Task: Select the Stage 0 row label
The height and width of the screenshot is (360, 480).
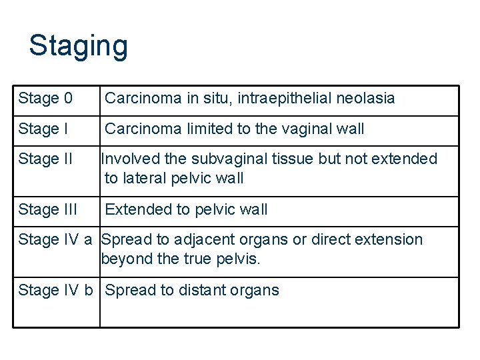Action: (45, 99)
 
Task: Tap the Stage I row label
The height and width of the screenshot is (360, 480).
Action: (43, 129)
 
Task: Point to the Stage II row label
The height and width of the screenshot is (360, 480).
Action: (45, 159)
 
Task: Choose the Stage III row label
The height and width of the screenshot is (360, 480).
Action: (48, 209)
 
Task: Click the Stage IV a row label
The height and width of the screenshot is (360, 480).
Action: (55, 239)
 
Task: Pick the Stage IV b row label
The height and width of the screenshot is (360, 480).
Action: (55, 290)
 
